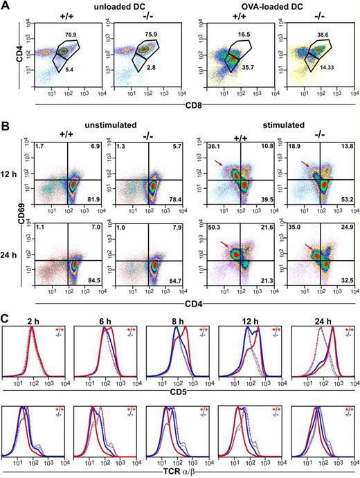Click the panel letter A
(x=6, y=6)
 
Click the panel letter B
(x=6, y=126)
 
